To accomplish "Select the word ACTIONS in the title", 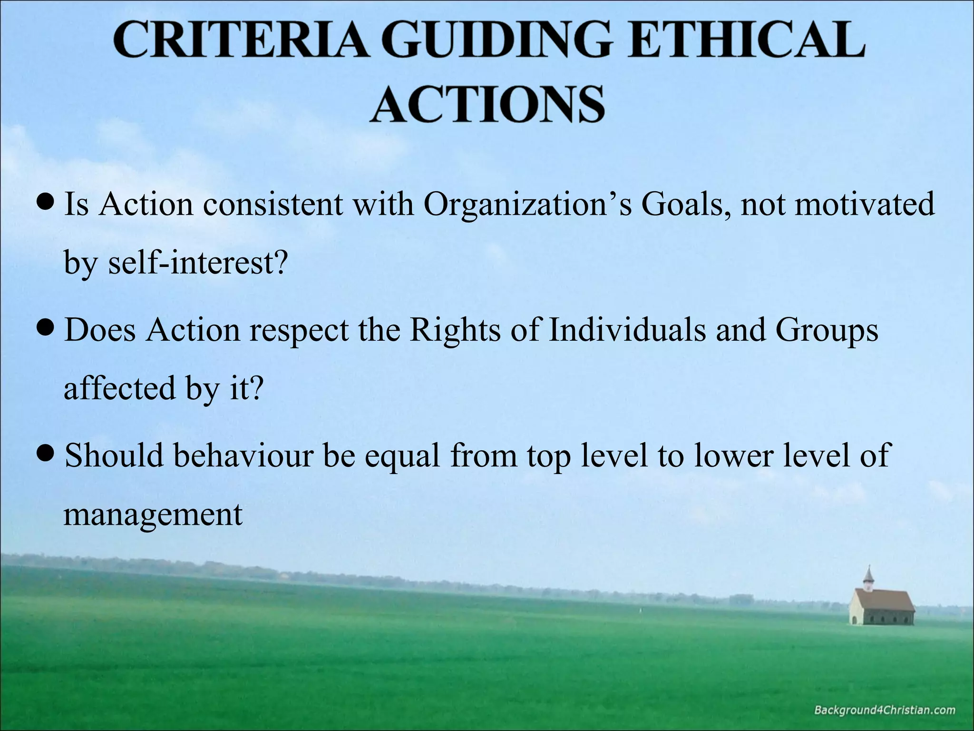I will tap(487, 103).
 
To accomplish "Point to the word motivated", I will tap(864, 205).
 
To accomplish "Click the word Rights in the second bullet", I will tap(455, 330).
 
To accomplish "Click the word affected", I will tap(120, 388).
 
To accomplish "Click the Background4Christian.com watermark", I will tap(885, 711).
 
